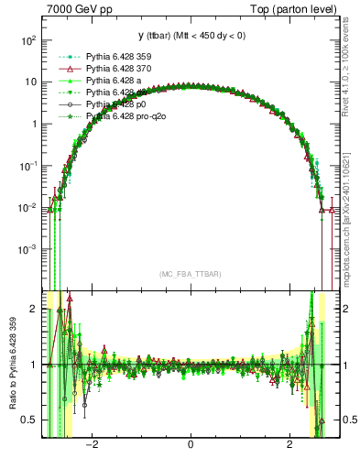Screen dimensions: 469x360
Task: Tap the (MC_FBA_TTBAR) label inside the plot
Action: coord(190,274)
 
